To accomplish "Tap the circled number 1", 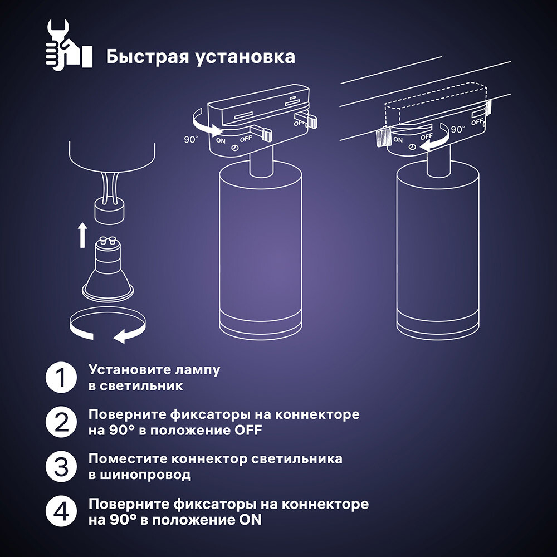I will pos(60,378).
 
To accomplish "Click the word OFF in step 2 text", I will pos(246,431).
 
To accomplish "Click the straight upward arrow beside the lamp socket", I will pos(82,235).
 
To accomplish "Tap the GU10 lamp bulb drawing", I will pos(107,273).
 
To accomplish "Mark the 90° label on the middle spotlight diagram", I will pos(190,139).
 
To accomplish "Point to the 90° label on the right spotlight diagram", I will pos(458,129).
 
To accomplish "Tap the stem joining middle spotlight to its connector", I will pos(261,160).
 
